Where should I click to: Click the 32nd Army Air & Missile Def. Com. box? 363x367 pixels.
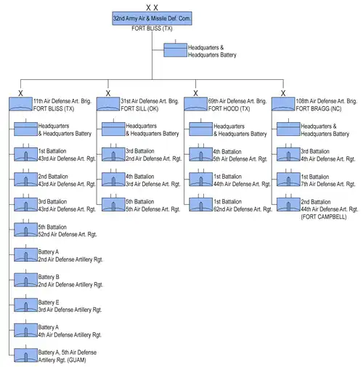pyautogui.click(x=152, y=18)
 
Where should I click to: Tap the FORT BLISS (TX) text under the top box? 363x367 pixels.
pyautogui.click(x=152, y=28)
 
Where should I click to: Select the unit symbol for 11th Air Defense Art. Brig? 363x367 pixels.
pyautogui.click(x=21, y=104)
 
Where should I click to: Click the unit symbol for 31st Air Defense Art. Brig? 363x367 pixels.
pyautogui.click(x=108, y=104)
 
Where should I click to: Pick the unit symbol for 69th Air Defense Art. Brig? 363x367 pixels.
pyautogui.click(x=196, y=104)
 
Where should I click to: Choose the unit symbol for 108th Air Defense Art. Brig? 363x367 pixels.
pyautogui.click(x=283, y=104)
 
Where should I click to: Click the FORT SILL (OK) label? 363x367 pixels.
pyautogui.click(x=139, y=109)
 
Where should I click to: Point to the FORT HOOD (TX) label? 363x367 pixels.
pyautogui.click(x=229, y=109)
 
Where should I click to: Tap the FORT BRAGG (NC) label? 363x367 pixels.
pyautogui.click(x=319, y=109)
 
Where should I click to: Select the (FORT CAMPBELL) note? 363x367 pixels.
pyautogui.click(x=324, y=217)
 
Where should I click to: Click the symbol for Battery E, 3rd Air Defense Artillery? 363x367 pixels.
pyautogui.click(x=25, y=305)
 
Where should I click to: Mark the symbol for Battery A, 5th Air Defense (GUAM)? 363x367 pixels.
pyautogui.click(x=25, y=355)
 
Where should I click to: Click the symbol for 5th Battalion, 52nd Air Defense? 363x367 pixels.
pyautogui.click(x=25, y=230)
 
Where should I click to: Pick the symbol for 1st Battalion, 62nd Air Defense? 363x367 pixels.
pyautogui.click(x=201, y=204)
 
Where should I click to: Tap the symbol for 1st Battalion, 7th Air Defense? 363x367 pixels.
pyautogui.click(x=288, y=180)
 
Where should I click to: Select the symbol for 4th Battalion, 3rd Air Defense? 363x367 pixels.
pyautogui.click(x=113, y=180)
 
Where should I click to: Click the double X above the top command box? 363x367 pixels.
pyautogui.click(x=152, y=8)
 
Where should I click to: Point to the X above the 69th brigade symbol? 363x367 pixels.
pyautogui.click(x=196, y=93)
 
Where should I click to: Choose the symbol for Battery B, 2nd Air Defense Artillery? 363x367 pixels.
pyautogui.click(x=25, y=280)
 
